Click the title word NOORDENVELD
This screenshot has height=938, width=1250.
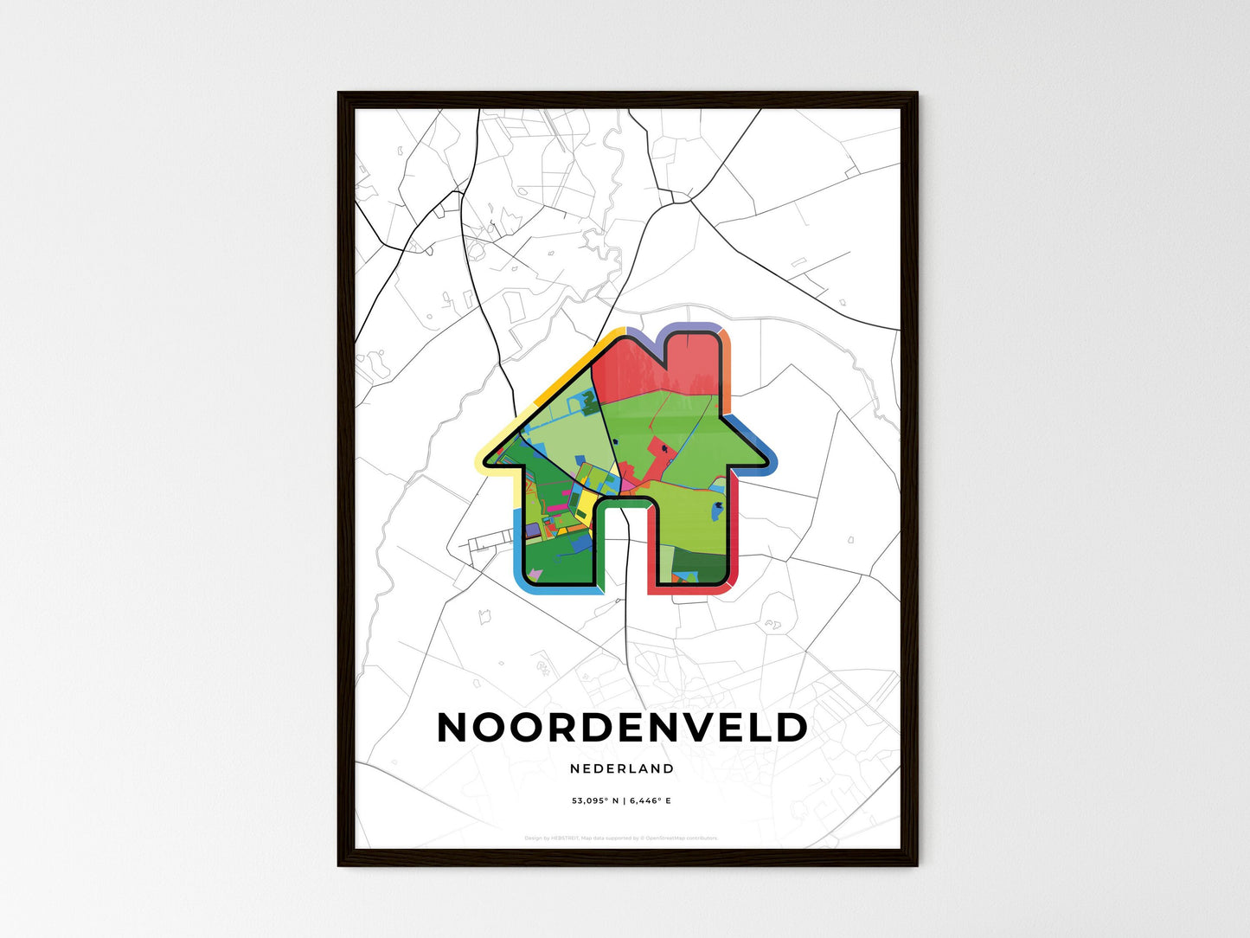[x=622, y=728]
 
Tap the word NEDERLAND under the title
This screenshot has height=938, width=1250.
[x=622, y=768]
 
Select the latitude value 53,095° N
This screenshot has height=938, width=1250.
[x=595, y=801]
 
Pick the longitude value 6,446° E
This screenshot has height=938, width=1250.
[x=651, y=801]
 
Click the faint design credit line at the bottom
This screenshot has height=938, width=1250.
[x=621, y=838]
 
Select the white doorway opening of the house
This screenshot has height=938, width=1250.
[x=621, y=545]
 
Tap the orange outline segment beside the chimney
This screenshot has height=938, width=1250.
[x=727, y=363]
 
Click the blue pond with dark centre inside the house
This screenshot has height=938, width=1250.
[x=717, y=511]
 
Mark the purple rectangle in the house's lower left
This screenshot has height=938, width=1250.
[x=531, y=529]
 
